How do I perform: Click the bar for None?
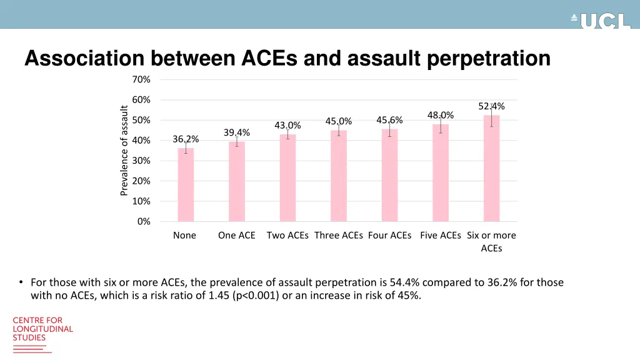click(x=186, y=184)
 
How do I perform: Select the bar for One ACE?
click(x=237, y=181)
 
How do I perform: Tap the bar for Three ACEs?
click(x=339, y=176)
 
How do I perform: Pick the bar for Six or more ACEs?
click(x=492, y=168)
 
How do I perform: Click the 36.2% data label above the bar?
click(x=186, y=139)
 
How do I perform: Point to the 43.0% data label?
click(x=287, y=126)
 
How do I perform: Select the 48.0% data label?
click(x=441, y=115)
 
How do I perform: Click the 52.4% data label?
click(x=491, y=106)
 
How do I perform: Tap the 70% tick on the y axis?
click(x=141, y=79)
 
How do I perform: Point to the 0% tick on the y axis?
click(x=144, y=221)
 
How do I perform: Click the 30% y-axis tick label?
click(x=141, y=161)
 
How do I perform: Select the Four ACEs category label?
click(x=390, y=236)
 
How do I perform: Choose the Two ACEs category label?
click(x=287, y=236)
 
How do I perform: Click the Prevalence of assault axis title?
click(x=124, y=150)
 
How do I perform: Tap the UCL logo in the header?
click(x=601, y=21)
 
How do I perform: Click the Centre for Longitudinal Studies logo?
click(x=42, y=329)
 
